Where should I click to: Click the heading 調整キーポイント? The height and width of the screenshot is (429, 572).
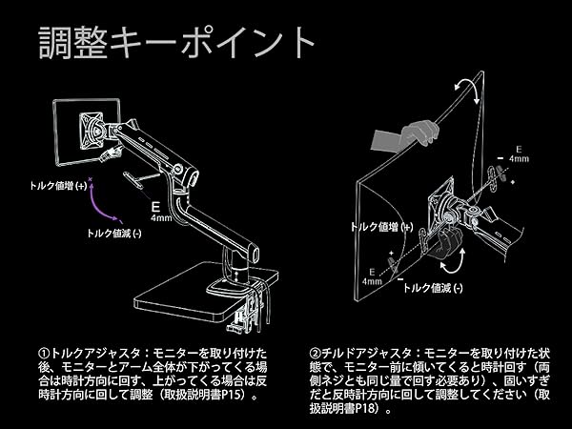click(x=176, y=43)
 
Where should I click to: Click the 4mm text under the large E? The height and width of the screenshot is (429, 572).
click(x=160, y=217)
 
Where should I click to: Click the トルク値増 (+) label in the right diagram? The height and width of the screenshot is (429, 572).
click(x=381, y=228)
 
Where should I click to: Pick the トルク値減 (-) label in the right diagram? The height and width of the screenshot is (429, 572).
click(x=434, y=287)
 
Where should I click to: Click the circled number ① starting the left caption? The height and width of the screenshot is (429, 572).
click(x=44, y=352)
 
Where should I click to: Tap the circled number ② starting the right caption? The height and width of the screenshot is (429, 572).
click(x=317, y=352)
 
